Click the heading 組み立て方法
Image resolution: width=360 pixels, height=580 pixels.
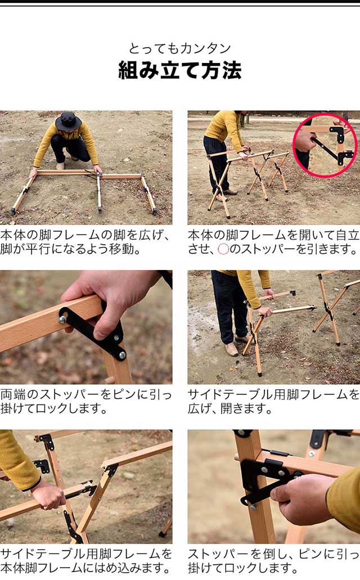(x=180, y=70)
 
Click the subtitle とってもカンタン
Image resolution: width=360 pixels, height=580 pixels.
(x=180, y=48)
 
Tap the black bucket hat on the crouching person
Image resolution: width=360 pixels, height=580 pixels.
(x=68, y=120)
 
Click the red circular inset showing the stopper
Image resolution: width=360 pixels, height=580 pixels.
(x=325, y=145)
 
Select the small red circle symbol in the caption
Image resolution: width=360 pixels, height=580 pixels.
(x=223, y=249)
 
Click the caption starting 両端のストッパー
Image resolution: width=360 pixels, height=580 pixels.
(x=86, y=401)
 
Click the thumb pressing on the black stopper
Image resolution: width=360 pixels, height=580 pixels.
(x=105, y=330)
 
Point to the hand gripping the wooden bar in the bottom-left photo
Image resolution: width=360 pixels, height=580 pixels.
(x=49, y=496)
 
